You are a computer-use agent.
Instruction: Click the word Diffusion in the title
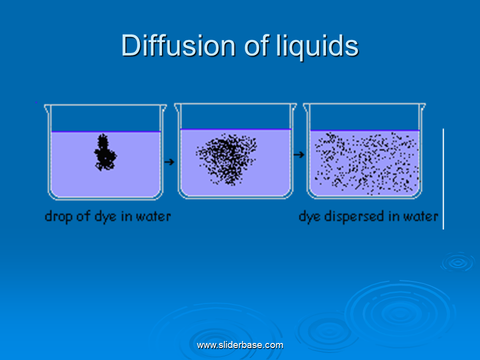click(178, 45)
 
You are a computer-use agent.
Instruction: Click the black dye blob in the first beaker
click(105, 152)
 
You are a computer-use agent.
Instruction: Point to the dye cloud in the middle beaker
click(227, 159)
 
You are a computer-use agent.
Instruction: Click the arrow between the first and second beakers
click(169, 161)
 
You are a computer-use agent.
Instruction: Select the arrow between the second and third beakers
click(299, 154)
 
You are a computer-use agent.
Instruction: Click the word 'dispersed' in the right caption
click(354, 216)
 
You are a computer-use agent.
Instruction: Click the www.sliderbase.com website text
click(240, 345)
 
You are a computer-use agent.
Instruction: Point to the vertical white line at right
click(443, 179)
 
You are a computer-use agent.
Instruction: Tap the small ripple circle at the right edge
click(458, 262)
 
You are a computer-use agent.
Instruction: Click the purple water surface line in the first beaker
click(106, 131)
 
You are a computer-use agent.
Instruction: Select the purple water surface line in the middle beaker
click(235, 129)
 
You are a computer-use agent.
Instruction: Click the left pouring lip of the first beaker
click(47, 108)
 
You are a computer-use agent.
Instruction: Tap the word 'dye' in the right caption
click(310, 216)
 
